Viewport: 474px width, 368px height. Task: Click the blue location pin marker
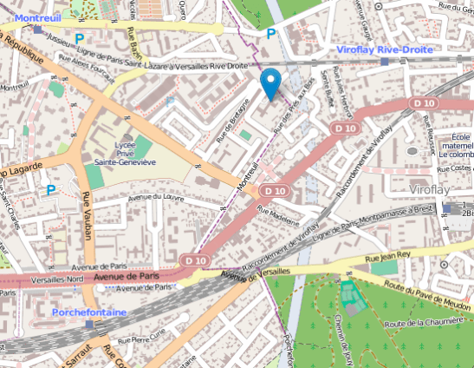click(x=271, y=83)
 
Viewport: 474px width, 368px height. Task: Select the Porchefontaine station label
click(x=89, y=311)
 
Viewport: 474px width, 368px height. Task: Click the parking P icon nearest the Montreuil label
click(x=80, y=38)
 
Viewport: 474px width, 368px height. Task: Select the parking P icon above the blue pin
click(x=271, y=34)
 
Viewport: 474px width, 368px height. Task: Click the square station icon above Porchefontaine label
click(x=90, y=324)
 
